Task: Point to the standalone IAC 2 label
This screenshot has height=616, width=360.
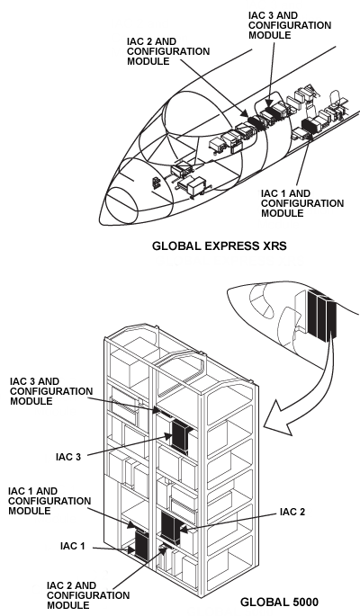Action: pyautogui.click(x=293, y=512)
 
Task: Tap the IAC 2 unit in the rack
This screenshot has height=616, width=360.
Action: pyautogui.click(x=170, y=526)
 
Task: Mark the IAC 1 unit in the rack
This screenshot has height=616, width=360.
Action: pyautogui.click(x=140, y=545)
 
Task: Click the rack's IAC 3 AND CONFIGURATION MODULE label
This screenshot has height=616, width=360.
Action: pyautogui.click(x=49, y=391)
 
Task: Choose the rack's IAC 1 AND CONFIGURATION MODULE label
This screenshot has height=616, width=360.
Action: pyautogui.click(x=44, y=500)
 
